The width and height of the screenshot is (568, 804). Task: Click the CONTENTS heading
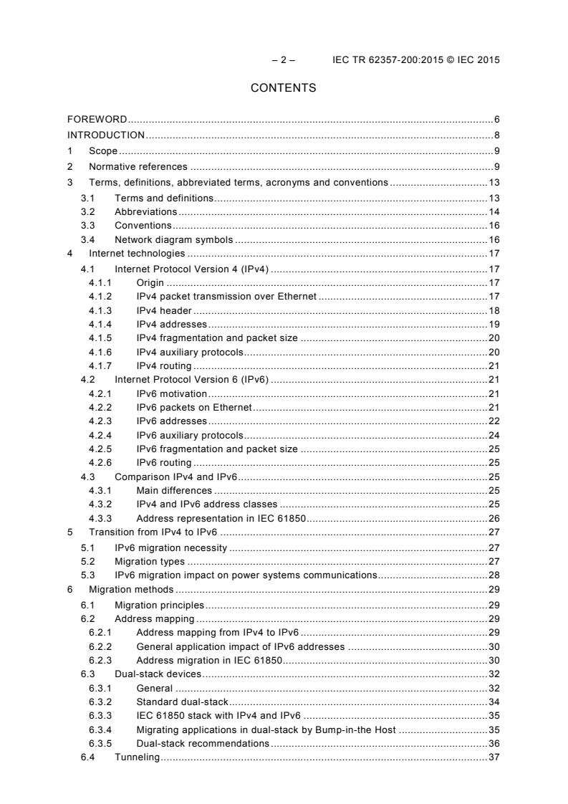[x=283, y=88]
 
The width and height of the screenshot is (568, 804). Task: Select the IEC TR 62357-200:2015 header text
[x=416, y=60]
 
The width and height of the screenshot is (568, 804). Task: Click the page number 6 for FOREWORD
[x=496, y=119]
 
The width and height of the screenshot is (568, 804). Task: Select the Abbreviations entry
[x=145, y=212]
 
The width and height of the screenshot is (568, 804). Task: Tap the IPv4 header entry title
[x=163, y=311]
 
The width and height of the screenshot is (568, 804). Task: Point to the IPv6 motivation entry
[x=171, y=393]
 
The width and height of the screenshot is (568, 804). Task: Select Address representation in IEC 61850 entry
[x=221, y=518]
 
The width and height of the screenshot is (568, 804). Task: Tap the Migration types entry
[x=149, y=561]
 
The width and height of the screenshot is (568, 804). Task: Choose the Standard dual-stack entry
[x=181, y=701]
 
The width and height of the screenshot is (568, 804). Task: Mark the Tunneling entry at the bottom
[x=137, y=757]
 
